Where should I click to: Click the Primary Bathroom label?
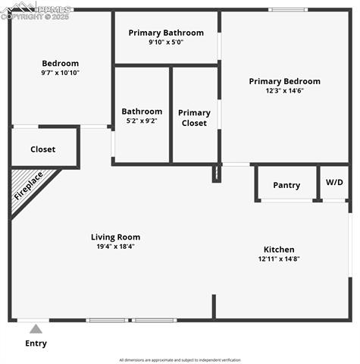(166, 33)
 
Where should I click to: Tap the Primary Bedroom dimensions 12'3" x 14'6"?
(285, 91)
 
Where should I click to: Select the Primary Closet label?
(195, 118)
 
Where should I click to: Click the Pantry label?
(286, 185)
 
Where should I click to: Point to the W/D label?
(334, 183)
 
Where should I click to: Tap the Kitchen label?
(279, 249)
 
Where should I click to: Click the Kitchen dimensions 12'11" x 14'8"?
(279, 259)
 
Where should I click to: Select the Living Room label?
(115, 237)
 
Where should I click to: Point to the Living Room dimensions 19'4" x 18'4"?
(115, 246)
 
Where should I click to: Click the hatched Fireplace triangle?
(26, 187)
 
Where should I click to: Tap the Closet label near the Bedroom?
(42, 149)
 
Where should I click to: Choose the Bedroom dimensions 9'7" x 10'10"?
(60, 73)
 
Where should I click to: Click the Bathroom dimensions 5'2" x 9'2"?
(142, 121)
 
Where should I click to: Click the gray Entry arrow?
(36, 329)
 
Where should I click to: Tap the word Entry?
(36, 344)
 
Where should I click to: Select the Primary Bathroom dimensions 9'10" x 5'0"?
(166, 42)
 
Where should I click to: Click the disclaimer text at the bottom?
(180, 360)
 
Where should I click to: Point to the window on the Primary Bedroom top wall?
(289, 10)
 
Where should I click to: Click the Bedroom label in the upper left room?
(60, 64)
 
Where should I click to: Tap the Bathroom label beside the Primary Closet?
(142, 111)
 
